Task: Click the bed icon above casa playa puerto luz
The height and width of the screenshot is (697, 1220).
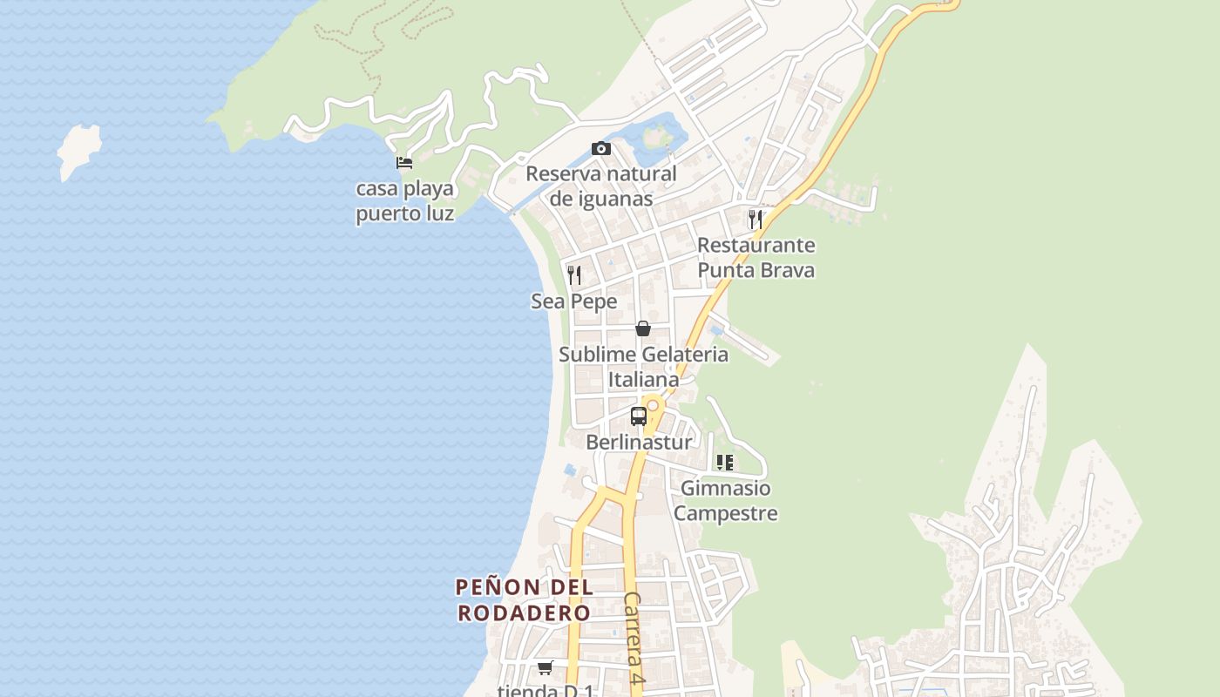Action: [x=403, y=162]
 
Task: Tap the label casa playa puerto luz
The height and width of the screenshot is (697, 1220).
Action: [x=405, y=201]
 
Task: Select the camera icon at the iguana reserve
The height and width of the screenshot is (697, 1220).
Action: [x=601, y=149]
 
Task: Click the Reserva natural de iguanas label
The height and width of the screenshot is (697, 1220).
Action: [x=601, y=186]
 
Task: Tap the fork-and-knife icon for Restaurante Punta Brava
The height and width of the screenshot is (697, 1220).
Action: [x=756, y=219]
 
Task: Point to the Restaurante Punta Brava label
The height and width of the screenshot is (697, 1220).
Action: [x=756, y=257]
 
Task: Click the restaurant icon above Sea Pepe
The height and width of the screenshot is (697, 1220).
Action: [x=574, y=275]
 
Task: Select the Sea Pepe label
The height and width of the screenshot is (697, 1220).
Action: [x=574, y=301]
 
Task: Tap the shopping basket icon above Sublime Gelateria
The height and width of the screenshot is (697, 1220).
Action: [x=643, y=328]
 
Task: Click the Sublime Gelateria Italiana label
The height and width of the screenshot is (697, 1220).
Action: [x=643, y=367]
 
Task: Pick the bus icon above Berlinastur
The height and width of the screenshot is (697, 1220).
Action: [x=639, y=416]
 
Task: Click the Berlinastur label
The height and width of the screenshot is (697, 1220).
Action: [x=639, y=442]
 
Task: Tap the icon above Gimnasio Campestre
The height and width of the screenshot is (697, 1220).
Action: [x=725, y=463]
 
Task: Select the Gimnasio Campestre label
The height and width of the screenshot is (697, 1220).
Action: [x=725, y=500]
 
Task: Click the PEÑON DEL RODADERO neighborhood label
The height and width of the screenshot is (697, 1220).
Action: [x=525, y=599]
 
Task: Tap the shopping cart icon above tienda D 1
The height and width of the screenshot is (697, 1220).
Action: [x=546, y=667]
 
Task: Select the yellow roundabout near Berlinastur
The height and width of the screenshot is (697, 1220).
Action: [x=653, y=406]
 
